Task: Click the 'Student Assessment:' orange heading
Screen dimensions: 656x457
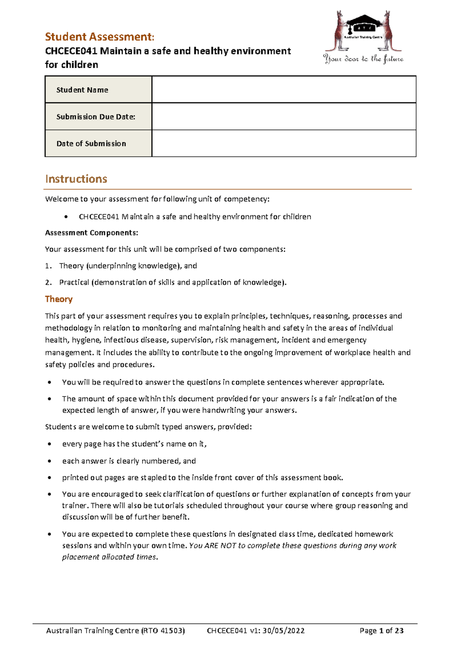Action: (99, 37)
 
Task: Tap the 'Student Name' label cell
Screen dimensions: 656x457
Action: (82, 90)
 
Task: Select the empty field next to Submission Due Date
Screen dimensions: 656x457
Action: (284, 116)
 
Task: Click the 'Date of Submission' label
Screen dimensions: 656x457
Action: (91, 143)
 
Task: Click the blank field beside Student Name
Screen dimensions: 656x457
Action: (284, 89)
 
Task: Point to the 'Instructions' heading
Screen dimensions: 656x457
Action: (76, 179)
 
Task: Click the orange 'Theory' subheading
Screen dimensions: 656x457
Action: (59, 299)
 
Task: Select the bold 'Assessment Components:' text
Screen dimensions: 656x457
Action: (91, 233)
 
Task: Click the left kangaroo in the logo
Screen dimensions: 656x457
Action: (340, 30)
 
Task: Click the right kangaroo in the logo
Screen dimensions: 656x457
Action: (389, 30)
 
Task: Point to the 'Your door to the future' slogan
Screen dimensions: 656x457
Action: (363, 59)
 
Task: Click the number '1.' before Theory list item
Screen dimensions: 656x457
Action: (48, 266)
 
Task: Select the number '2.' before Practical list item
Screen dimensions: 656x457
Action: (48, 282)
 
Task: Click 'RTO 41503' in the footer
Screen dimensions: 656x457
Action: (163, 631)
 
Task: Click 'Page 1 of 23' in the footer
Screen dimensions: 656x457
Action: (381, 631)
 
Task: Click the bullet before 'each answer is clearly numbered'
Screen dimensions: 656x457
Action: (49, 461)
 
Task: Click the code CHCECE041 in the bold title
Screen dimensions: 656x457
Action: (71, 51)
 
